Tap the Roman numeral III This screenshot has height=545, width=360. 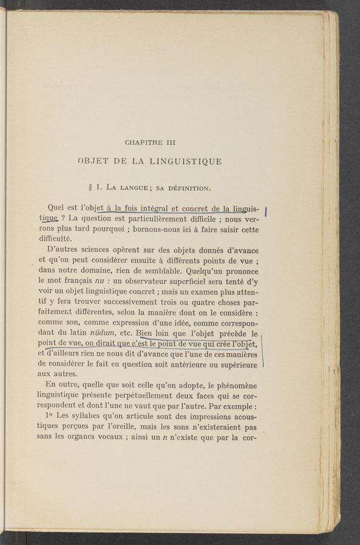point(171,143)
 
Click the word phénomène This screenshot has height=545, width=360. point(234,386)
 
